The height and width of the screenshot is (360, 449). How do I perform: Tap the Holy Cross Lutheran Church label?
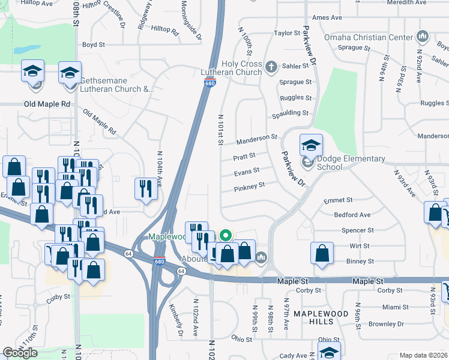tap(231, 68)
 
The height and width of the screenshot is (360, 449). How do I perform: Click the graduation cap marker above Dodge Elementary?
tap(311, 145)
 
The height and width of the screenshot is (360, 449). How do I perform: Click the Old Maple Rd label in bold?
tap(47, 104)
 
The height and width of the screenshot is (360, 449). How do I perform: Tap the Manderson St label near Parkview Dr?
tap(257, 140)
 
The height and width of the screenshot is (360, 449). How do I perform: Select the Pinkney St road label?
tap(249, 187)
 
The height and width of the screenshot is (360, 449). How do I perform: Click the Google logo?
tap(20, 353)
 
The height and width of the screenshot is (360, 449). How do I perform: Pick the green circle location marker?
tap(226, 235)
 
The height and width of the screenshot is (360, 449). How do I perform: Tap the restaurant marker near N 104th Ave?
tap(145, 188)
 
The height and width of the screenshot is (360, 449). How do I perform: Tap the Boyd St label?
tap(94, 44)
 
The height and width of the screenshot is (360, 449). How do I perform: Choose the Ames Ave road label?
tap(327, 18)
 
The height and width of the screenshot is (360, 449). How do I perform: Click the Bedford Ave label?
tap(352, 215)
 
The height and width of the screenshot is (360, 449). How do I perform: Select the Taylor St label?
tap(286, 34)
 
